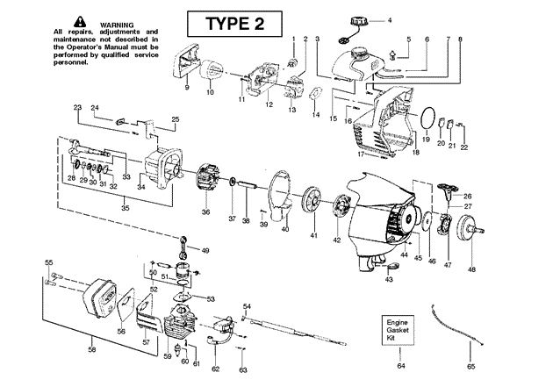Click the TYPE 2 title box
tap(234, 24)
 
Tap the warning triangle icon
tap(80, 22)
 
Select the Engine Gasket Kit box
tap(398, 330)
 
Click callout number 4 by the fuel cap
tap(390, 20)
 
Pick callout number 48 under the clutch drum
tap(471, 269)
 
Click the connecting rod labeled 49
tap(184, 246)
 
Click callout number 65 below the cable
tap(470, 367)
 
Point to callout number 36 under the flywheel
tap(205, 211)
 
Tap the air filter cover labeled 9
tap(185, 61)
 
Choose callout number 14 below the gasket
tap(316, 115)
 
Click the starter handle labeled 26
tap(445, 190)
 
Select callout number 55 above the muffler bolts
tap(48, 262)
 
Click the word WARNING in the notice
tap(117, 25)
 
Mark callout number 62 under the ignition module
tap(215, 369)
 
